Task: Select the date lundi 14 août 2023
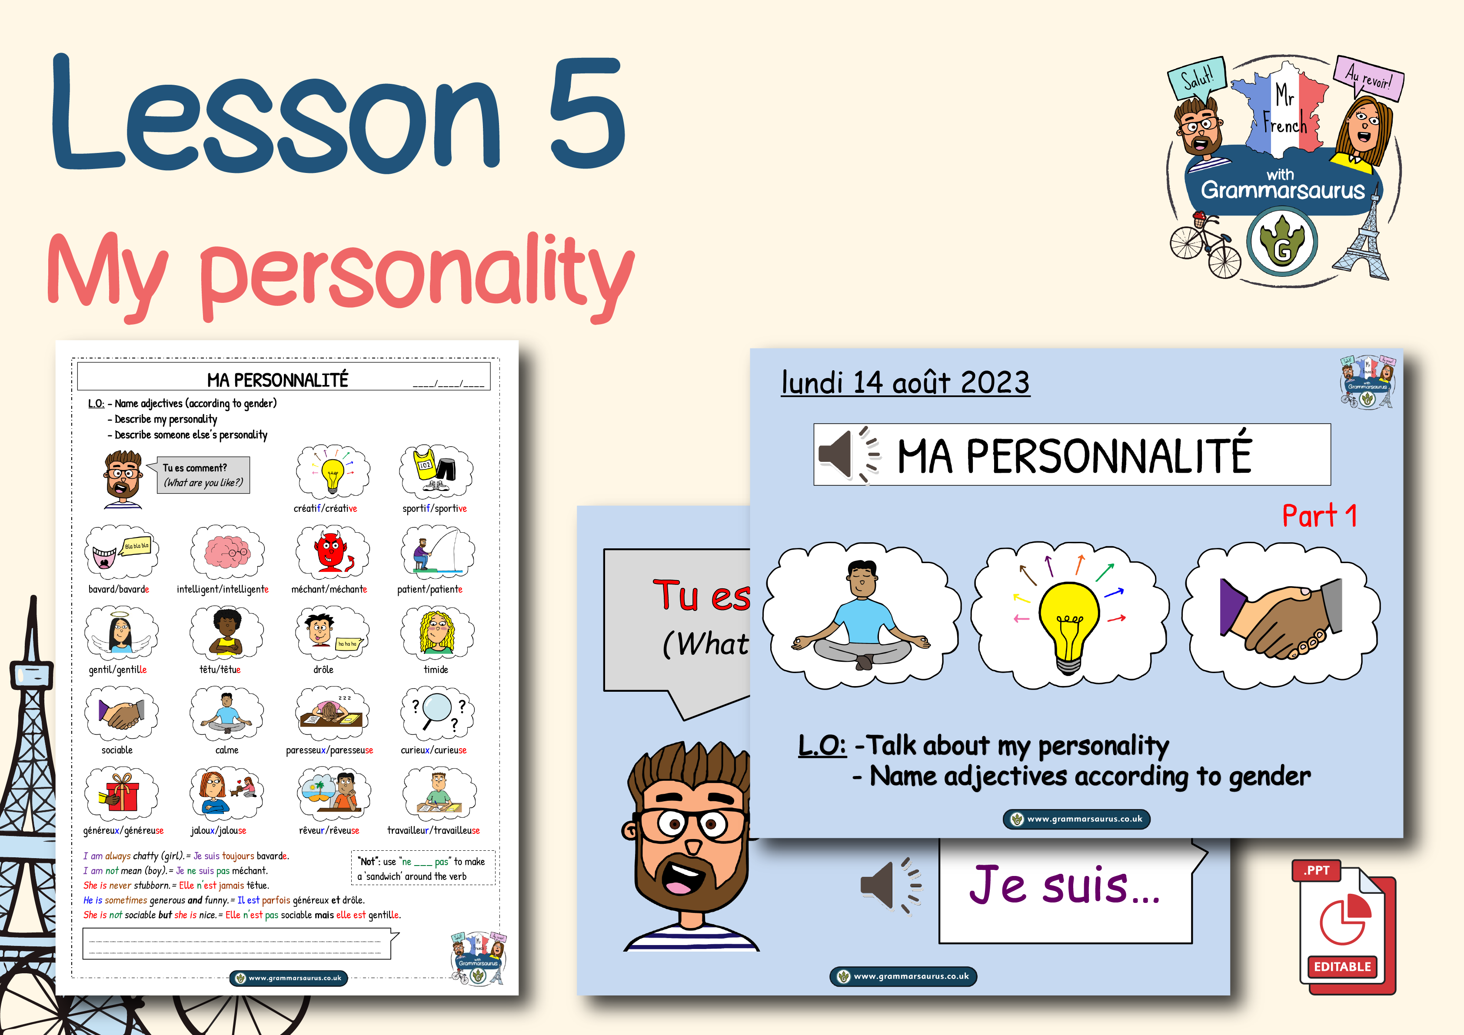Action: [x=905, y=382]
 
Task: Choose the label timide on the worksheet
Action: [x=436, y=669]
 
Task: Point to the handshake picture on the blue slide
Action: [x=1281, y=617]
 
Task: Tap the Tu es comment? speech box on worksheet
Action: [x=203, y=475]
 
